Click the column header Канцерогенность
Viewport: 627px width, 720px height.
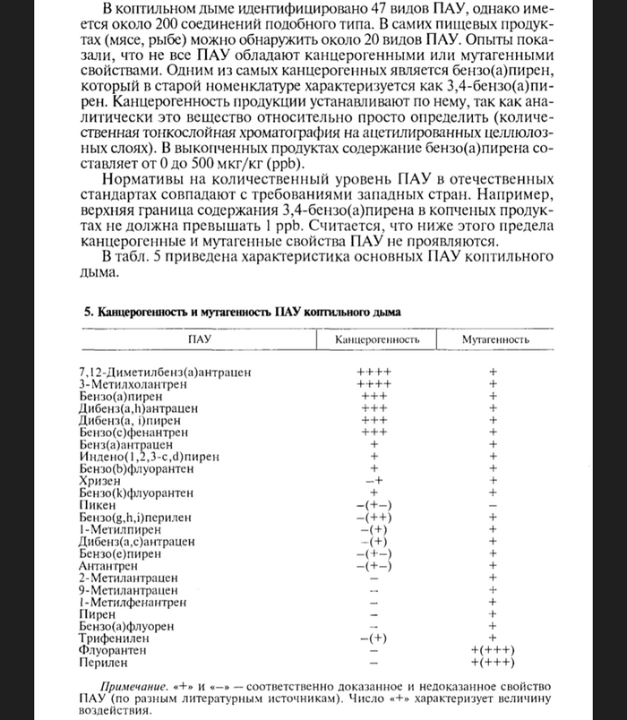[x=377, y=341]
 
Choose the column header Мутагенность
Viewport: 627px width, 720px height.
[x=492, y=341]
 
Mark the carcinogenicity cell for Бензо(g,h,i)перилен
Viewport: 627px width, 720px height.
[x=373, y=518]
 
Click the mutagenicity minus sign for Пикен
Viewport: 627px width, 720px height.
[x=492, y=506]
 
